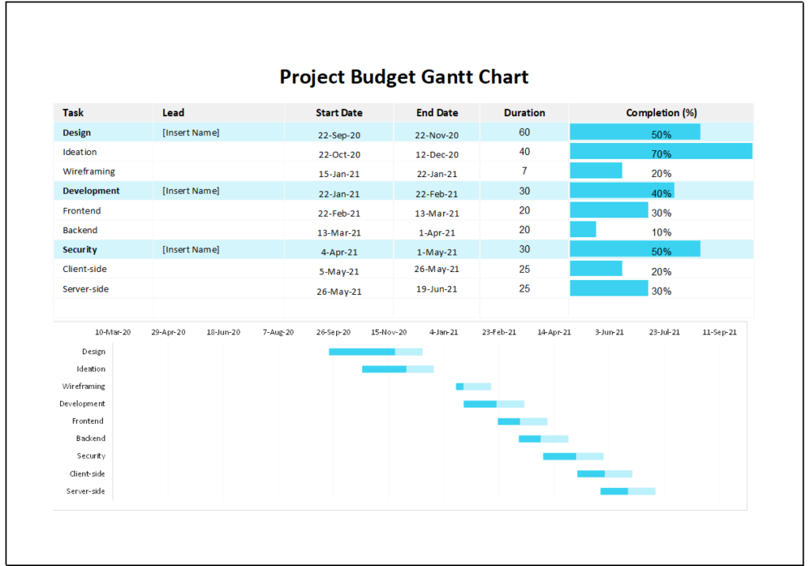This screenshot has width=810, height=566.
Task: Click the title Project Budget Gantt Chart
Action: click(404, 77)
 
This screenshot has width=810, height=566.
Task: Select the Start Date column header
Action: click(339, 113)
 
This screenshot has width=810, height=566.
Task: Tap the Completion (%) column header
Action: click(660, 113)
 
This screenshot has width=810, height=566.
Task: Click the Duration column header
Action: click(524, 113)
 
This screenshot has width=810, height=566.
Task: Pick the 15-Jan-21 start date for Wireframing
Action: click(339, 174)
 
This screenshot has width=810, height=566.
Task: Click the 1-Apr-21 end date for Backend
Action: click(437, 232)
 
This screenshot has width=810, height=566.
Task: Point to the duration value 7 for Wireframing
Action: click(524, 172)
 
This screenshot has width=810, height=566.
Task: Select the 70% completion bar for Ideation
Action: click(660, 152)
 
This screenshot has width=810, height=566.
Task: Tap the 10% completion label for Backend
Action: click(661, 232)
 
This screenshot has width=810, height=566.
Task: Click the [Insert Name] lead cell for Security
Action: click(191, 250)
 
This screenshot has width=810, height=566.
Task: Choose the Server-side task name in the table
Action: click(85, 289)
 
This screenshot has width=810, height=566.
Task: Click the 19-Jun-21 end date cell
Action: click(437, 290)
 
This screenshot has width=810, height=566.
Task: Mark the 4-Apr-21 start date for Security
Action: click(339, 252)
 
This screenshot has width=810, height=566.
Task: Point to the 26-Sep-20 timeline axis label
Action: click(333, 333)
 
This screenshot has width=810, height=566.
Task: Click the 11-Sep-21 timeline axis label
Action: click(719, 333)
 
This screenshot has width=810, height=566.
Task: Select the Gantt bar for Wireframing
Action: click(473, 387)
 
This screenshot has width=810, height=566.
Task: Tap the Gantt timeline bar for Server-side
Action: click(627, 491)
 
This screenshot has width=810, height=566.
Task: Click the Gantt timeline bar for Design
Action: click(375, 352)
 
